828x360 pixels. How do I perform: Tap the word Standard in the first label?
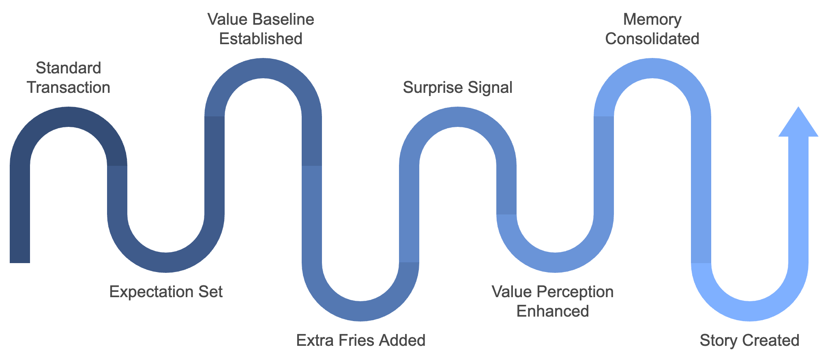[x=68, y=68]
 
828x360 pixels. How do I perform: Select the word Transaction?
[x=69, y=87]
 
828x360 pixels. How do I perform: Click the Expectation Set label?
[x=166, y=291]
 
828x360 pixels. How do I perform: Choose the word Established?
[x=261, y=39]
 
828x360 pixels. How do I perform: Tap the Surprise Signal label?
[x=457, y=87]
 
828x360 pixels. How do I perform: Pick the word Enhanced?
[x=552, y=311]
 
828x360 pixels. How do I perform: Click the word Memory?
[x=652, y=19]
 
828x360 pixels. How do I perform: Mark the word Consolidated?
[x=652, y=39]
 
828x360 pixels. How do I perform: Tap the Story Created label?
[x=749, y=340]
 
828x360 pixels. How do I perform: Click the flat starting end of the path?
[x=20, y=259]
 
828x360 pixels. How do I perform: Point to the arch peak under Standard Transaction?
[x=69, y=117]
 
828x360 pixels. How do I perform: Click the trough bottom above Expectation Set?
[x=166, y=262]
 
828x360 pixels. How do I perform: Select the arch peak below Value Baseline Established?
[x=263, y=68]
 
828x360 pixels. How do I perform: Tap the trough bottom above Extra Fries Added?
[x=360, y=311]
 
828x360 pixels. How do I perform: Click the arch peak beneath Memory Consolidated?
[x=652, y=68]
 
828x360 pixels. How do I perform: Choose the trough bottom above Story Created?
[x=750, y=311]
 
